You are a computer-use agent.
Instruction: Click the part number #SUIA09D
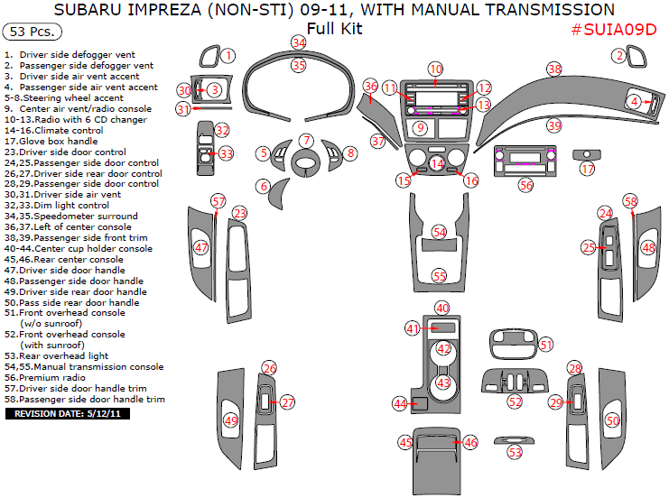(x=614, y=29)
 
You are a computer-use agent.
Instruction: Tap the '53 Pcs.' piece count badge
(x=33, y=32)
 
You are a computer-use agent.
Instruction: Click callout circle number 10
(x=436, y=69)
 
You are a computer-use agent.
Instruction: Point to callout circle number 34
(x=299, y=42)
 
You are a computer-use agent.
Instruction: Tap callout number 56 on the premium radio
(x=526, y=184)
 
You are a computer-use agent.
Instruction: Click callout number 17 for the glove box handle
(x=588, y=169)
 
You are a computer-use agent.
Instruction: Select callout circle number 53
(x=515, y=450)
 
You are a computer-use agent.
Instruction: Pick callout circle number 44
(x=401, y=403)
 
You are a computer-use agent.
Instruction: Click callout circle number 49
(x=231, y=420)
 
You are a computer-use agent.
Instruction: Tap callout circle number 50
(x=613, y=420)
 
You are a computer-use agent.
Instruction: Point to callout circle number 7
(x=307, y=141)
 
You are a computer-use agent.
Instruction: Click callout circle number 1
(x=228, y=56)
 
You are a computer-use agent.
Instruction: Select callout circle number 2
(x=619, y=56)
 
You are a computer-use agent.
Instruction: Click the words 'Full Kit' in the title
(x=334, y=29)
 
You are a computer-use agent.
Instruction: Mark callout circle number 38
(x=554, y=69)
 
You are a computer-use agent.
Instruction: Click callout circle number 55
(x=440, y=275)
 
